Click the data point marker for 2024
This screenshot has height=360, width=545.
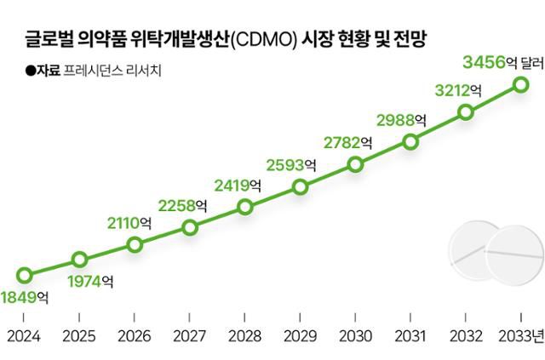point(25,275)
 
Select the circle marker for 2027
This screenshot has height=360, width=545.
point(190,227)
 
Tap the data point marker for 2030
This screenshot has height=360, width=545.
point(355,165)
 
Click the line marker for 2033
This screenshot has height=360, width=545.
point(520,83)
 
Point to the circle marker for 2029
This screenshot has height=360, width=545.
point(300,187)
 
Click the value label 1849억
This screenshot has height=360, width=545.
point(25,298)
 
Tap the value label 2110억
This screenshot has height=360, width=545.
point(129,223)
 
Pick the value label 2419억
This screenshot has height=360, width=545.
point(238,183)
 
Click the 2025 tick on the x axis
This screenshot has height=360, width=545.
point(79,336)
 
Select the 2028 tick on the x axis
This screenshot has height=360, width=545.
point(244,336)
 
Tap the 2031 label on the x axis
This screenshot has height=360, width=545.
point(410,336)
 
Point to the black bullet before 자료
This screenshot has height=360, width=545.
point(31,71)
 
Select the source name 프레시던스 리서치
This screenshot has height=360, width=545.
point(100,71)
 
